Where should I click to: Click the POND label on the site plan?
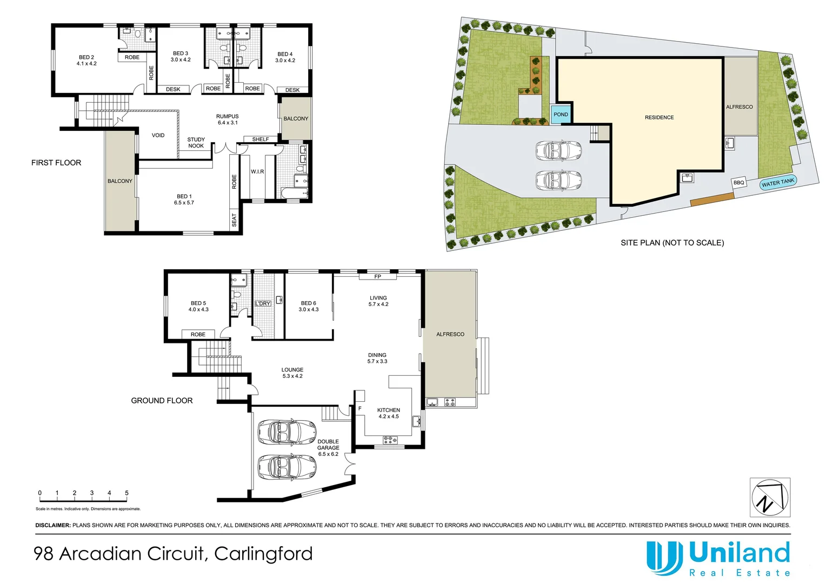561,114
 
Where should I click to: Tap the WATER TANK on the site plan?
778,183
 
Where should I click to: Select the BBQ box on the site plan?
738,183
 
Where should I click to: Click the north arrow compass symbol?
770,497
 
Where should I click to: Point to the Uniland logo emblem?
664,557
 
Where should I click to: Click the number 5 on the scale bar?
126,493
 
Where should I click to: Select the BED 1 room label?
184,200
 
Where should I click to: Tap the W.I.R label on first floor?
257,172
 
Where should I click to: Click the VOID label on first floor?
158,135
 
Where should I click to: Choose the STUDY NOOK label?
196,143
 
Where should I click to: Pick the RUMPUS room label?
227,120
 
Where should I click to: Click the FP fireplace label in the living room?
377,277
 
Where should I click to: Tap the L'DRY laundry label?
263,304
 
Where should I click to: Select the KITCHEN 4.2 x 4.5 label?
389,413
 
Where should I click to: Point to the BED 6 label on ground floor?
308,306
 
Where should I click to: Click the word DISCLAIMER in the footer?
53,525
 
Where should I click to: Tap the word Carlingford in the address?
263,554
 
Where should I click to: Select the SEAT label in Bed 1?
234,220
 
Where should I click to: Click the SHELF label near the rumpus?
260,140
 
